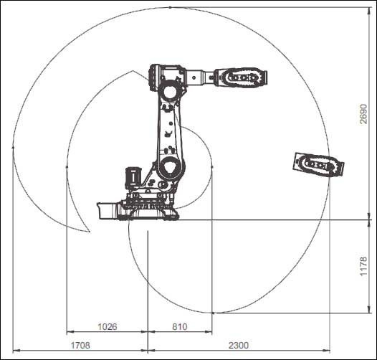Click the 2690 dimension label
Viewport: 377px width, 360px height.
pyautogui.click(x=364, y=114)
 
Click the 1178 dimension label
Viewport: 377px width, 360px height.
pyautogui.click(x=364, y=266)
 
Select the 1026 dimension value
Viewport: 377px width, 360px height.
pyautogui.click(x=108, y=327)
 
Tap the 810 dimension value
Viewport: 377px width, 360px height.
pyautogui.click(x=180, y=327)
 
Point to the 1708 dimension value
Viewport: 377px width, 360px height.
pyautogui.click(x=80, y=346)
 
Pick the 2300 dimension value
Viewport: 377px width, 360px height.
pyautogui.click(x=239, y=346)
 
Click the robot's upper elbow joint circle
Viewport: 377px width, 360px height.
pyautogui.click(x=170, y=93)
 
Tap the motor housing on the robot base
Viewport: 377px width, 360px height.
pyautogui.click(x=133, y=177)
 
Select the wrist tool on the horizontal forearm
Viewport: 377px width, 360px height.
pyautogui.click(x=241, y=77)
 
